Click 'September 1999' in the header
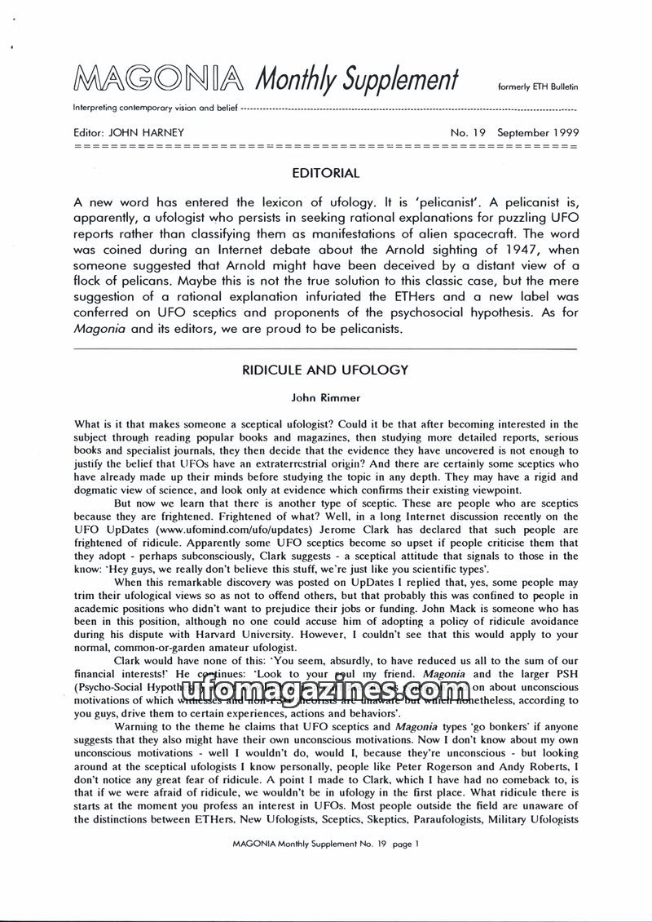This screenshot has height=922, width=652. [x=538, y=132]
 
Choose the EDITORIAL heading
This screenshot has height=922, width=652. [x=325, y=173]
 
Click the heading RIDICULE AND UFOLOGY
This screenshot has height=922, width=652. [x=325, y=370]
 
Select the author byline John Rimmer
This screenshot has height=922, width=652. [x=325, y=398]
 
